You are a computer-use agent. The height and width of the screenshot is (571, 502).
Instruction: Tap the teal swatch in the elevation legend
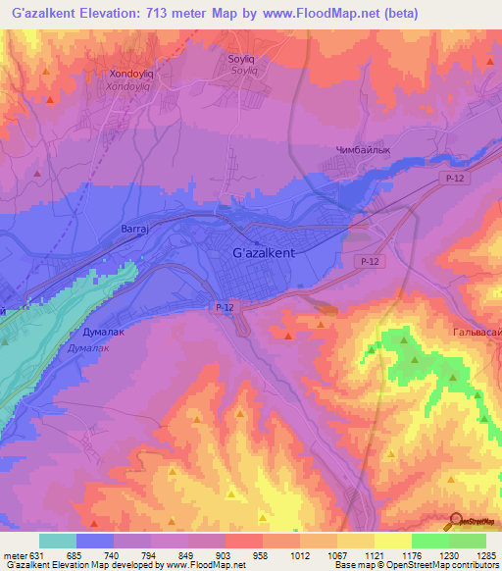pyautogui.click(x=58, y=541)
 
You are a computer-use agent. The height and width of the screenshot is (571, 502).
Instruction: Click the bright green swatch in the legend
pyautogui.click(x=430, y=541)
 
